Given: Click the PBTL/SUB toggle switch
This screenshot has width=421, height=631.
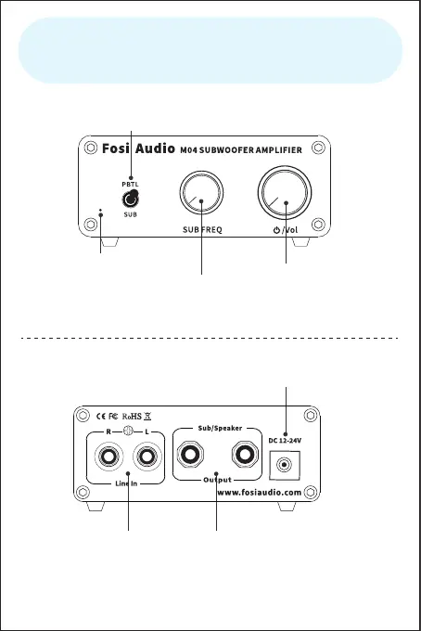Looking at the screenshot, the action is pyautogui.click(x=131, y=199).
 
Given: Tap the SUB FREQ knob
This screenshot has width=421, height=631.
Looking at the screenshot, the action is pyautogui.click(x=201, y=193).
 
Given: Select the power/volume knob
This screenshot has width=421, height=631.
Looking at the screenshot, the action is pyautogui.click(x=285, y=193).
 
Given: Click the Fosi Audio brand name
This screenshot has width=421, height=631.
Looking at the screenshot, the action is pyautogui.click(x=138, y=148).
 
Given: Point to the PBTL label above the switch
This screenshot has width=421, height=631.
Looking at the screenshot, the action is pyautogui.click(x=130, y=185).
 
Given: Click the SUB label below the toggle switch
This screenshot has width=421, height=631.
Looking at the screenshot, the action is pyautogui.click(x=130, y=214).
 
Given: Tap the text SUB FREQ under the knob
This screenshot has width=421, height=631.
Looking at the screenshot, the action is pyautogui.click(x=202, y=230).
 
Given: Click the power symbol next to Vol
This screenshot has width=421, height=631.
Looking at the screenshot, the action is pyautogui.click(x=276, y=230).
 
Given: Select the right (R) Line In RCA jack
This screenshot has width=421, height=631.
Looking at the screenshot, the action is pyautogui.click(x=109, y=457).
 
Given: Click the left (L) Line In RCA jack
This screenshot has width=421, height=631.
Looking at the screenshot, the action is pyautogui.click(x=147, y=457).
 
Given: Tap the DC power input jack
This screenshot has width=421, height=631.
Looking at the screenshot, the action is pyautogui.click(x=285, y=465).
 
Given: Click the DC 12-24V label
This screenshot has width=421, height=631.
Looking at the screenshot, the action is pyautogui.click(x=285, y=441).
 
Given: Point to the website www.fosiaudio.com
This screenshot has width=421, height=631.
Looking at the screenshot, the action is pyautogui.click(x=260, y=492).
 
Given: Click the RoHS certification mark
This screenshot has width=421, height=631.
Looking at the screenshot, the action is pyautogui.click(x=132, y=417).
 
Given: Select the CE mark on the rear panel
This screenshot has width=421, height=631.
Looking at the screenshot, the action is pyautogui.click(x=101, y=417).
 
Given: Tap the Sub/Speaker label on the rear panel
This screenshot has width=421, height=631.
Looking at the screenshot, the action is pyautogui.click(x=220, y=428).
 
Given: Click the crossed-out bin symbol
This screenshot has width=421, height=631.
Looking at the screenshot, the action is pyautogui.click(x=147, y=417).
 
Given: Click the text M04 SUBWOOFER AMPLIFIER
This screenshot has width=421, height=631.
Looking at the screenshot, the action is pyautogui.click(x=240, y=150).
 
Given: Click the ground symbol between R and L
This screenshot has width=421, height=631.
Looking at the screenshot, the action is pyautogui.click(x=128, y=431).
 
